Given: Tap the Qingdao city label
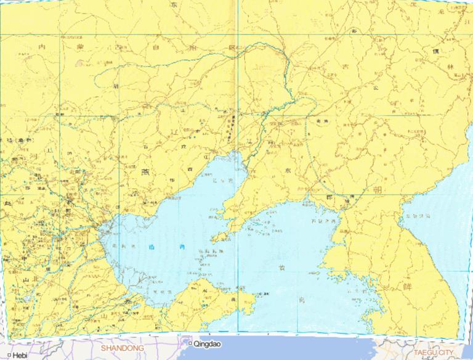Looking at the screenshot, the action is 206,344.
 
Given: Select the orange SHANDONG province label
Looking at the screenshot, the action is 123,348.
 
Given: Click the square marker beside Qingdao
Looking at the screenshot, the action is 190,343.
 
